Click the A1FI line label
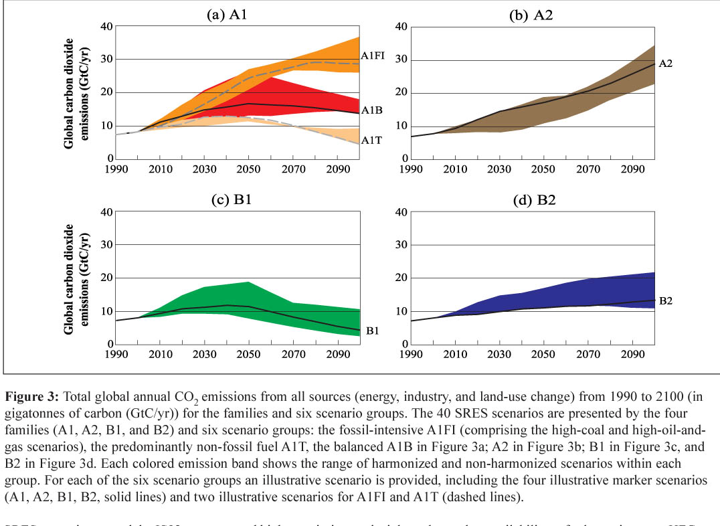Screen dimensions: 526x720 (x=372, y=56)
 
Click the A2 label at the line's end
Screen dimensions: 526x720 (x=666, y=64)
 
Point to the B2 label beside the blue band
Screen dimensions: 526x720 (x=666, y=301)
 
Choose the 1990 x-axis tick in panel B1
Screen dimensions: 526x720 (x=116, y=356)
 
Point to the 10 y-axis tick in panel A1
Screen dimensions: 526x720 (x=105, y=126)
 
